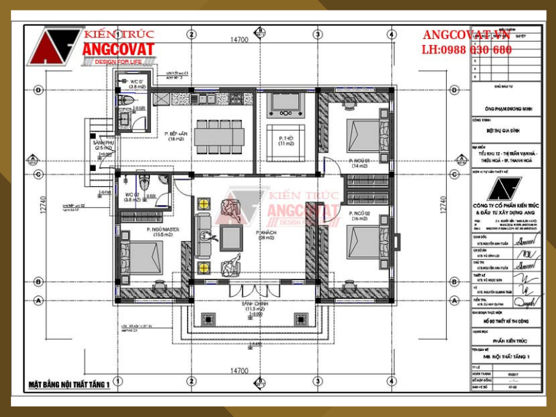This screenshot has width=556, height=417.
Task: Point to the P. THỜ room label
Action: click(x=286, y=140)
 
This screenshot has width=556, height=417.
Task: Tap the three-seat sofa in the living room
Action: click(x=202, y=235)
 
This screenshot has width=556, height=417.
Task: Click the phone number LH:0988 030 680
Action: click(x=466, y=49)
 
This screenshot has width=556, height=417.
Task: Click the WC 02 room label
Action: click(x=132, y=195)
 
